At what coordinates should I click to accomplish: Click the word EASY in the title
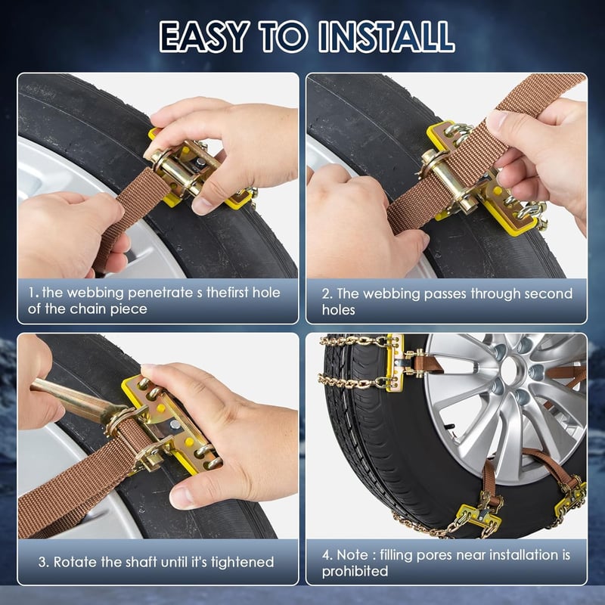pyautogui.click(x=204, y=36)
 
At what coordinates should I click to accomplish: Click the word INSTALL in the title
pyautogui.click(x=386, y=36)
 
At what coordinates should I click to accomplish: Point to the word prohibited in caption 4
pyautogui.click(x=355, y=572)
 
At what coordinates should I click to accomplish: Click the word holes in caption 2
pyautogui.click(x=338, y=310)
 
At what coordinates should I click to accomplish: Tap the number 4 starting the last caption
pyautogui.click(x=327, y=555)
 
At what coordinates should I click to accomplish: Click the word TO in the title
pyautogui.click(x=284, y=36)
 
